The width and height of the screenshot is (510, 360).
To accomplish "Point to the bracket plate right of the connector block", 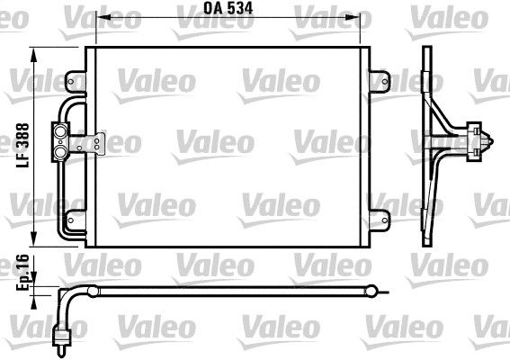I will point(94,143).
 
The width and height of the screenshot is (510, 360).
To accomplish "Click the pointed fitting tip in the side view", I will point(491,141).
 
